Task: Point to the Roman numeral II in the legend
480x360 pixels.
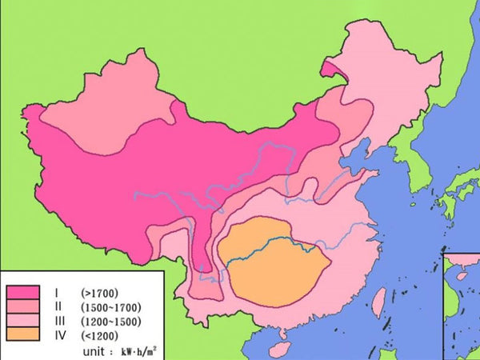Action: click(58, 306)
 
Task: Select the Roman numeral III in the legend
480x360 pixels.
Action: click(58, 320)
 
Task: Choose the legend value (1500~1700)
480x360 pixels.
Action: click(111, 306)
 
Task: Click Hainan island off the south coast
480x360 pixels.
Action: click(279, 350)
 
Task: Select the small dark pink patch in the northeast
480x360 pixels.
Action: click(331, 70)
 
